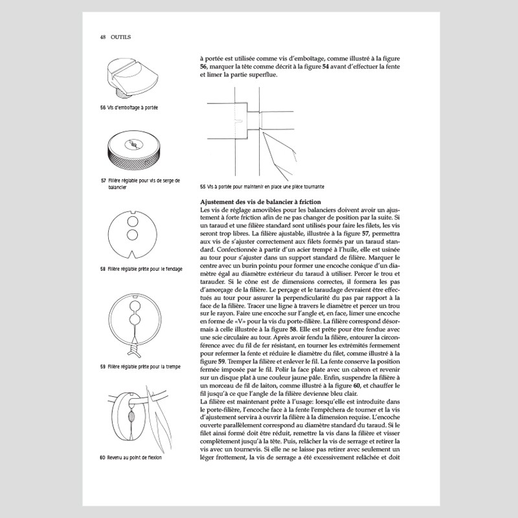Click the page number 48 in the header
[x=103, y=38]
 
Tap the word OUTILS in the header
[x=121, y=38]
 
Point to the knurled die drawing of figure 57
[x=133, y=148]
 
